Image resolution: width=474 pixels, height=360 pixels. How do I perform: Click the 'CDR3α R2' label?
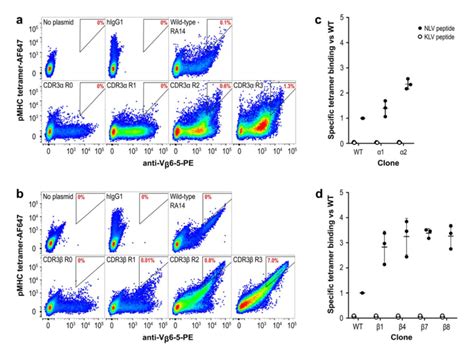[x=190, y=87]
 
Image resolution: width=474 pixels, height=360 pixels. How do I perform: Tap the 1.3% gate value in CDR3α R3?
[x=287, y=88]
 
